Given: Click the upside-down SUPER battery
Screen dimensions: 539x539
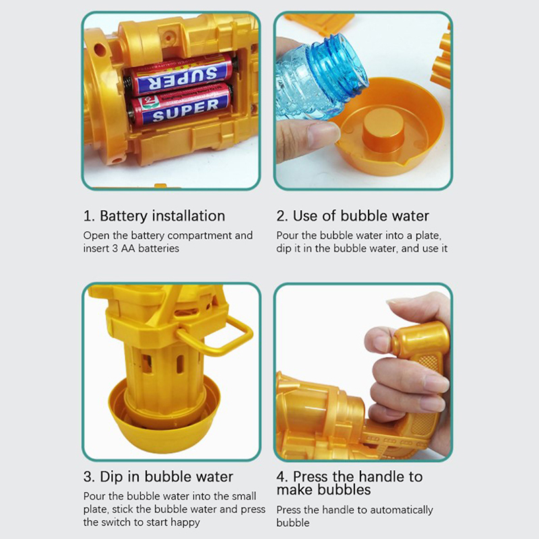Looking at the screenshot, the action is tap(181, 75).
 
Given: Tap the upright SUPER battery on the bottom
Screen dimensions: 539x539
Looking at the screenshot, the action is tap(180, 105).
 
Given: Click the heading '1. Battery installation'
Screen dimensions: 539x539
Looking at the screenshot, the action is tap(154, 216).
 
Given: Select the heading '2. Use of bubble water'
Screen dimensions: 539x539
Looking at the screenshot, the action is tap(352, 216).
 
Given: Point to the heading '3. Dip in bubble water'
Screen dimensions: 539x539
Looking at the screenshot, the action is tap(158, 477).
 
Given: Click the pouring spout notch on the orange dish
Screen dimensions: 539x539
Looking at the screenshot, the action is tap(400, 164).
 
